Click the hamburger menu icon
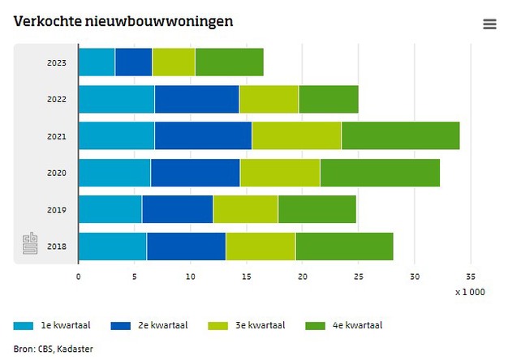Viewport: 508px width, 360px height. [x=489, y=24]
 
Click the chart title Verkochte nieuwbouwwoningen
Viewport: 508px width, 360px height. [x=123, y=21]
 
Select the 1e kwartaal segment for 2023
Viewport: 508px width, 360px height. [x=97, y=62]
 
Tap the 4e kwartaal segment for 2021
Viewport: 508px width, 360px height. [x=400, y=135]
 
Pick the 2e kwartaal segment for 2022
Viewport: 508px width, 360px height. [x=196, y=99]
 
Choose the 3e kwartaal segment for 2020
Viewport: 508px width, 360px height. [x=280, y=173]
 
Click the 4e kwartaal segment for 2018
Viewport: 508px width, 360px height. [x=344, y=246]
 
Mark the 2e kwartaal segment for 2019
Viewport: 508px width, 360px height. [x=177, y=209]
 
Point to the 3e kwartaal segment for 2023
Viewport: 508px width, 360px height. [x=173, y=62]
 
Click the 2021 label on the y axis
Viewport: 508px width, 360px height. [x=57, y=136]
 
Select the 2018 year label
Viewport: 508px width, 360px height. [x=57, y=246]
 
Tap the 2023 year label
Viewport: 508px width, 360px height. [x=57, y=62]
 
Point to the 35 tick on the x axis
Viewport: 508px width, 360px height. [x=471, y=276]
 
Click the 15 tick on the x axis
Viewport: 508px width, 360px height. [x=246, y=276]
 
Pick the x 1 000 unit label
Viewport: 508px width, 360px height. [x=470, y=292]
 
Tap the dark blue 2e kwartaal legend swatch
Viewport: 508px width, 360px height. [x=121, y=326]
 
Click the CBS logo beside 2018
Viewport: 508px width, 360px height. [x=30, y=243]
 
